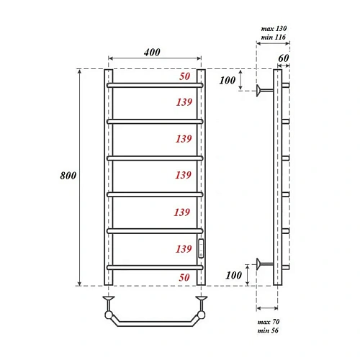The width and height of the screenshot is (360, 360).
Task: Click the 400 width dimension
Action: coord(152,52)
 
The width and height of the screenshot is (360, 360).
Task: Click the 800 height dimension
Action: coord(69,176)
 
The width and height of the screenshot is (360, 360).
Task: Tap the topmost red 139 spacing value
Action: coord(183,103)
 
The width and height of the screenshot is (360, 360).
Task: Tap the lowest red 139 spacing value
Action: coord(183,248)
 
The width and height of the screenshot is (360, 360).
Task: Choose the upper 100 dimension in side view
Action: coord(228,80)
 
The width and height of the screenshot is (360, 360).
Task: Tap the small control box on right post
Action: coord(202,248)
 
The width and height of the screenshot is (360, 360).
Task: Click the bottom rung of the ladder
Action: coord(156,266)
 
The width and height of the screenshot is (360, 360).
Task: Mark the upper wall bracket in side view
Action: coord(264,90)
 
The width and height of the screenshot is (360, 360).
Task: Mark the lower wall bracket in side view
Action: coord(264,264)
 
